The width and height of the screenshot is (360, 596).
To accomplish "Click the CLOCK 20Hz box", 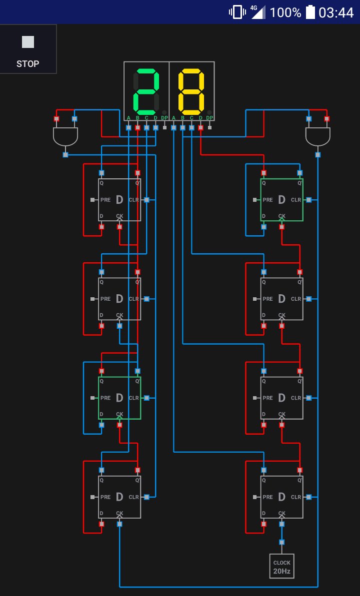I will [x=281, y=566].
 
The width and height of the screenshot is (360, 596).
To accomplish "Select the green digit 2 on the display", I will [x=146, y=91].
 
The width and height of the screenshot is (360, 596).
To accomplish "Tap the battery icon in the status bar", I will [x=310, y=12].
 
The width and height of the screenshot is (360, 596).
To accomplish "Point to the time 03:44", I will [x=336, y=12].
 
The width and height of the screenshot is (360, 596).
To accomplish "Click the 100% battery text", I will [x=285, y=12].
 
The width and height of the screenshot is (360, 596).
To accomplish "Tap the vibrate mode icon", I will [x=237, y=12].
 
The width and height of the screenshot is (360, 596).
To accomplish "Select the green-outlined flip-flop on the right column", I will [x=281, y=200].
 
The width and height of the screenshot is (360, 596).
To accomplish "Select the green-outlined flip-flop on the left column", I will [x=119, y=398].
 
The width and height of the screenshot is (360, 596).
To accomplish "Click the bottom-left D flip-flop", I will [x=119, y=497].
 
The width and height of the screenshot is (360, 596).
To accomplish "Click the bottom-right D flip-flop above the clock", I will [x=281, y=497].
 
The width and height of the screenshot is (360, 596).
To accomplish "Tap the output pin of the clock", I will [x=281, y=542].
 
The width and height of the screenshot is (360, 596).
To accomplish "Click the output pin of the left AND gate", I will [x=65, y=154].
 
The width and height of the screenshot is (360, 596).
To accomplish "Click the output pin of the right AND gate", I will [x=318, y=154].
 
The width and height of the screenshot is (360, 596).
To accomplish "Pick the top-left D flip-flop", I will [x=119, y=200].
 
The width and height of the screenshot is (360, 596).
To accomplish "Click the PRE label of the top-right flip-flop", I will [x=268, y=200].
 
